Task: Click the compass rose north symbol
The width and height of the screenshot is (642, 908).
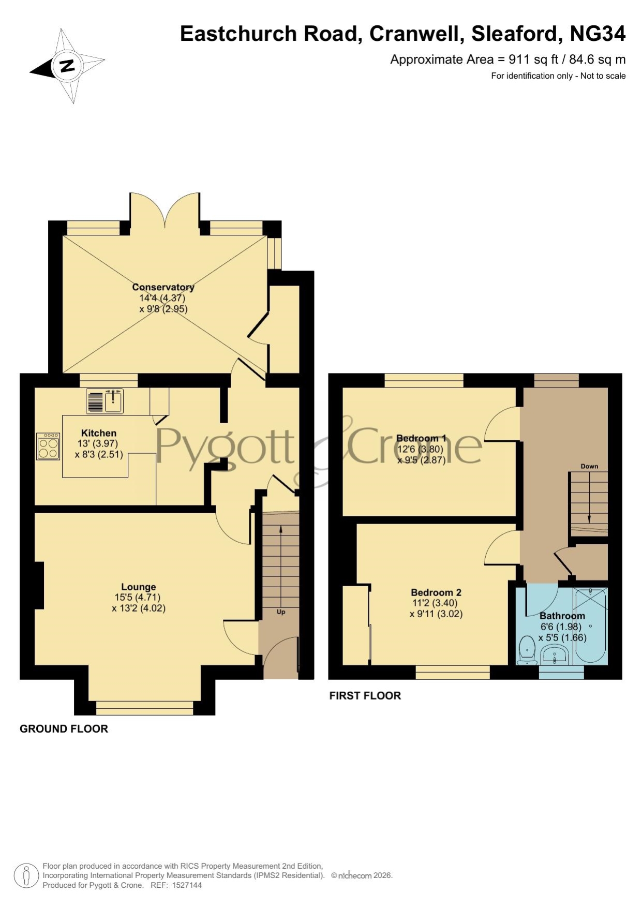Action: [x=67, y=66]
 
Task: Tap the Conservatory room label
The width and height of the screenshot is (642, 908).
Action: [x=163, y=287]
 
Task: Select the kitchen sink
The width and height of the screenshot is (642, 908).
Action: [x=105, y=401]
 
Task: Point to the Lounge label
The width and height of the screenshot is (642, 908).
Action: [x=139, y=587]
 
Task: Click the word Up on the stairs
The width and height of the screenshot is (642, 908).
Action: [x=281, y=612]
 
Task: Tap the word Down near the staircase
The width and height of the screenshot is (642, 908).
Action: [x=589, y=466]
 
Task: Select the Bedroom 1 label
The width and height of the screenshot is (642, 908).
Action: [x=421, y=438]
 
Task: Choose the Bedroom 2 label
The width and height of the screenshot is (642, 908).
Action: [x=436, y=592]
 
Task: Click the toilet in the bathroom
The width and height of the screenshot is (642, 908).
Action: [x=527, y=650]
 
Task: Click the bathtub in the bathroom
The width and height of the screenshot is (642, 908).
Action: [x=590, y=626]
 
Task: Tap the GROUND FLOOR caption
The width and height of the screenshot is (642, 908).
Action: [x=64, y=728]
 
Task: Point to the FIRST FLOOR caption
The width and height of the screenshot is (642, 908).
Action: [x=365, y=695]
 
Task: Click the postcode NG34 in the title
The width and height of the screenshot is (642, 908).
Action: [x=598, y=34]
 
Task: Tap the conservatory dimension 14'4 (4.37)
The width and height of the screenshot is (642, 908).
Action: [x=162, y=298]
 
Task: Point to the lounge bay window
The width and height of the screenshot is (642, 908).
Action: [x=145, y=707]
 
